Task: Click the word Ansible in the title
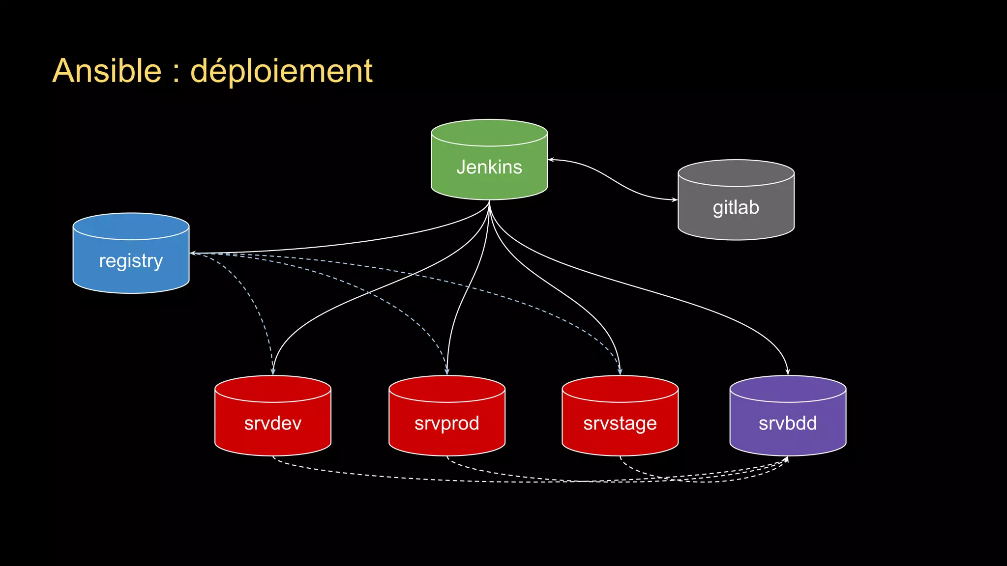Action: tap(107, 71)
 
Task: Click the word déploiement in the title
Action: tap(281, 72)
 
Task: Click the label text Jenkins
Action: tap(489, 167)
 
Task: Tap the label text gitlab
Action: tap(736, 207)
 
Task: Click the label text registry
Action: tap(131, 261)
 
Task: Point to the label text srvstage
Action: tap(620, 424)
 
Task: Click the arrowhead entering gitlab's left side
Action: tap(675, 200)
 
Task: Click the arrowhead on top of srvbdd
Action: tap(788, 372)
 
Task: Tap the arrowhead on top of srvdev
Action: tap(273, 372)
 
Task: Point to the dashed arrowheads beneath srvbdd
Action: tap(785, 460)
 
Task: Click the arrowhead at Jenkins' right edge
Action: tap(551, 160)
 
